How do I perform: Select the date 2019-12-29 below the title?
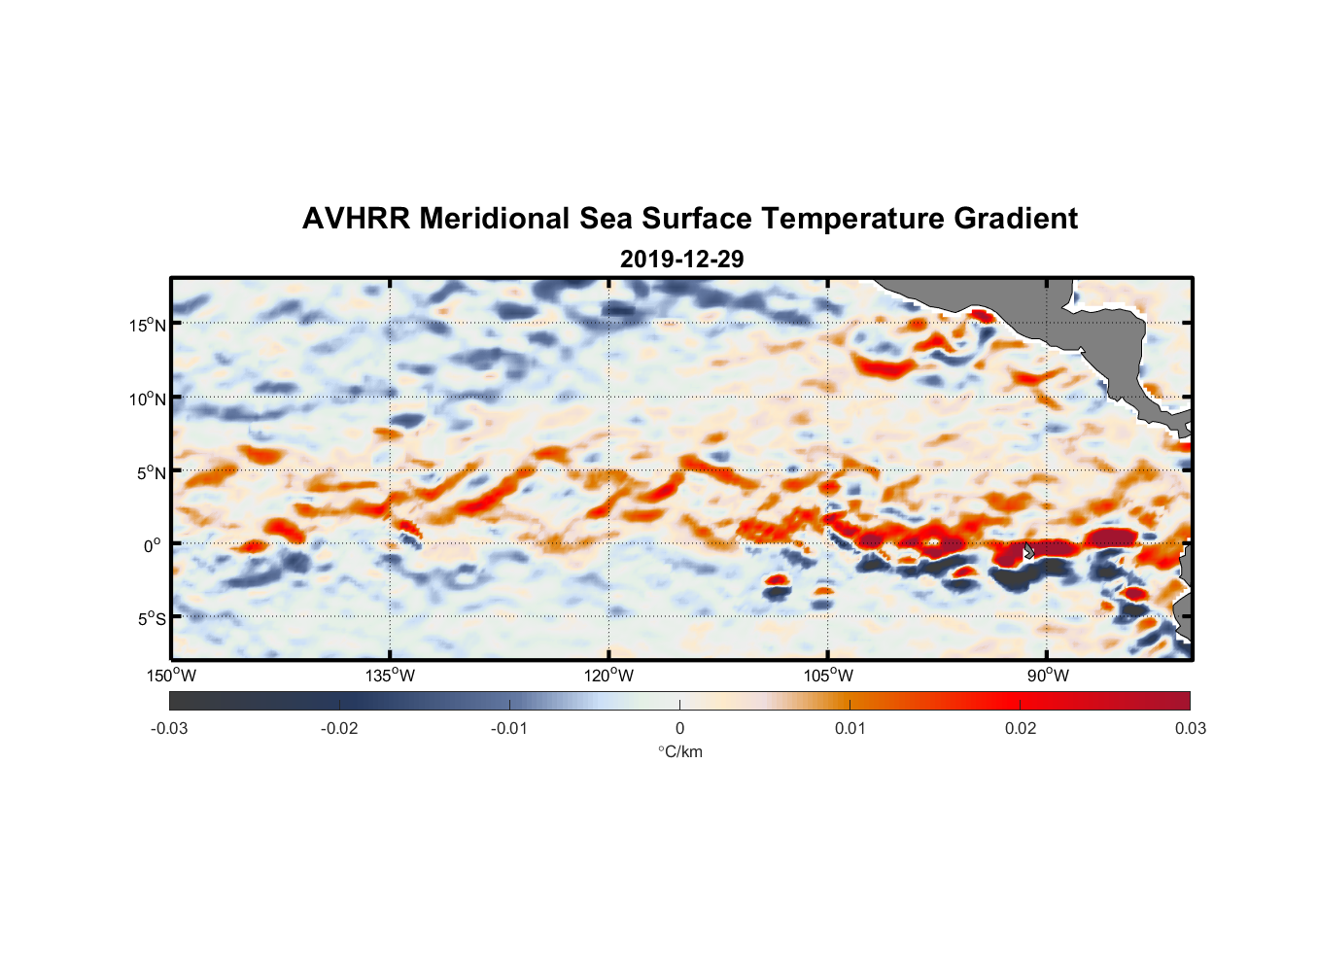[x=681, y=260]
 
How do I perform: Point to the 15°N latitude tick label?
[x=148, y=325]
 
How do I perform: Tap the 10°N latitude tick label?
[x=148, y=399]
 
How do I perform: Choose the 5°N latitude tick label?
[x=152, y=472]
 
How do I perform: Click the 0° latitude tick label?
[x=153, y=545]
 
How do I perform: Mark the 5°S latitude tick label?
[x=152, y=618]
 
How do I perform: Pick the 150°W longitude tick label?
[x=171, y=676]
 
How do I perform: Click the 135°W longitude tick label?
[x=390, y=676]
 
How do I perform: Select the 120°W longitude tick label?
[x=608, y=676]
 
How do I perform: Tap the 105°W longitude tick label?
[x=828, y=676]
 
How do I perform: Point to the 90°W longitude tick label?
[x=1048, y=676]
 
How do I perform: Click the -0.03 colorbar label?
[x=169, y=728]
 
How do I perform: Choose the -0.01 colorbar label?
[x=508, y=728]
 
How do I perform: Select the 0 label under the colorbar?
[x=679, y=728]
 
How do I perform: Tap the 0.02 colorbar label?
[x=1021, y=728]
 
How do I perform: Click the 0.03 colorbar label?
[x=1190, y=728]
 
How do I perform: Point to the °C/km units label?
[x=679, y=751]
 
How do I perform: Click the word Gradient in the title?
[x=1016, y=219]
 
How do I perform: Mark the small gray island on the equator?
[x=1029, y=551]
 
